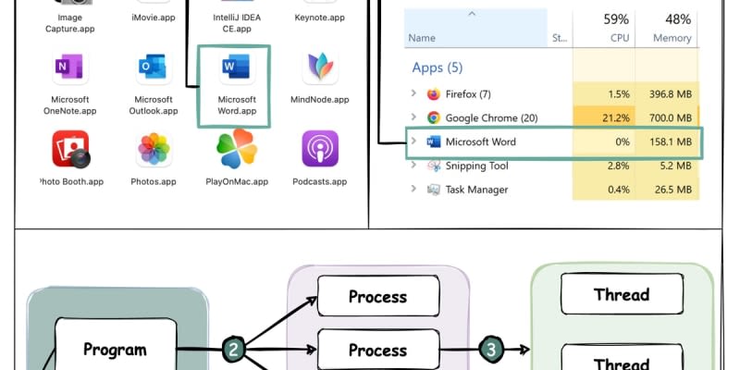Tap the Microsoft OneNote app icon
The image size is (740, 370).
(71, 69)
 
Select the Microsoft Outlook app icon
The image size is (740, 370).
(153, 69)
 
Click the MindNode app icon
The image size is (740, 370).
(319, 69)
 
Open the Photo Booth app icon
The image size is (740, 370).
(71, 150)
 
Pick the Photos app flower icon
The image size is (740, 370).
(154, 150)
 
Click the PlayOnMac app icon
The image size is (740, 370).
(236, 150)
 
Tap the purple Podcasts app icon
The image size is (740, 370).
(319, 149)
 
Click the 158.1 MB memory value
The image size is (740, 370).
(671, 142)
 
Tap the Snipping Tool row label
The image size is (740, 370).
(477, 166)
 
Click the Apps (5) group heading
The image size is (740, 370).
(436, 68)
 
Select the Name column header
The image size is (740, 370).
(422, 38)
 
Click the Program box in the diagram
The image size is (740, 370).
(116, 350)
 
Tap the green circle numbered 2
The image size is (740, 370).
(236, 350)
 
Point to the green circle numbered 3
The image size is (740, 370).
(491, 350)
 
